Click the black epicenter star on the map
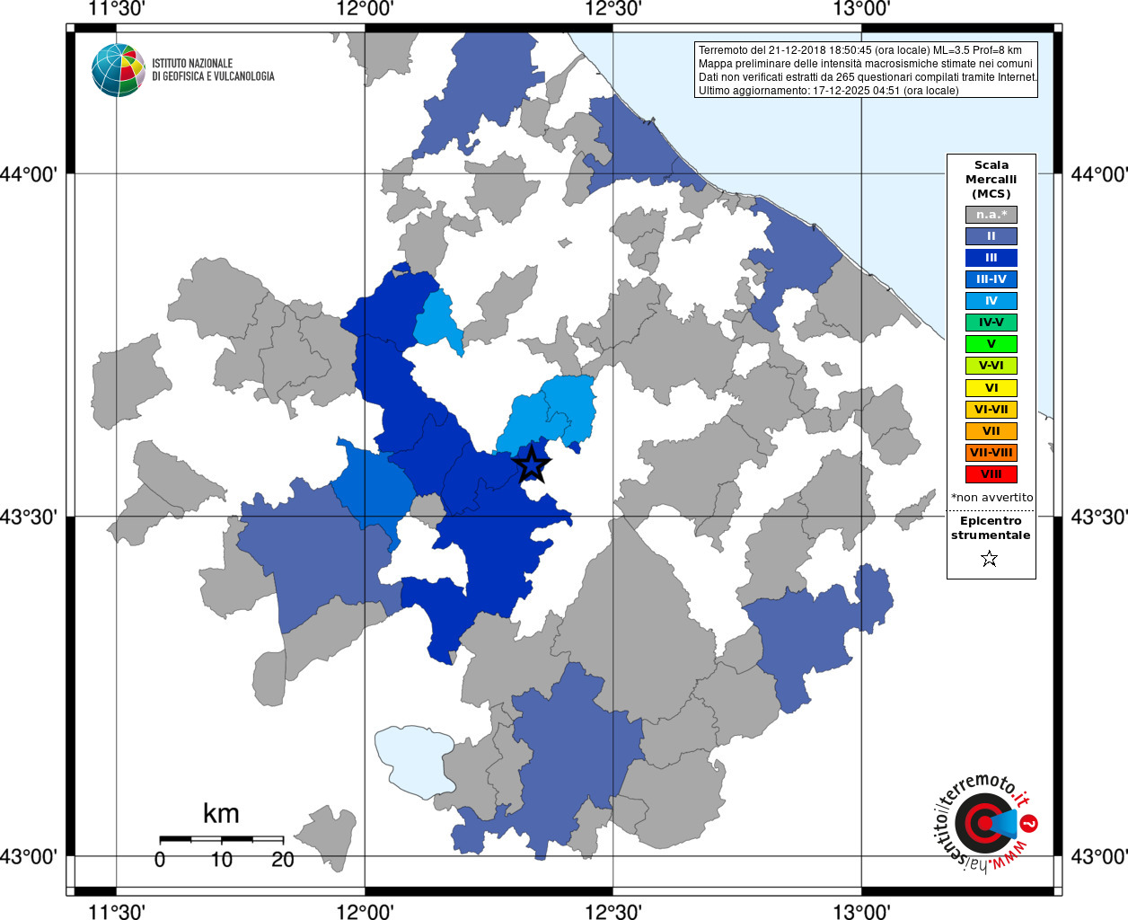point(531,464)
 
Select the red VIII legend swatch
point(991,474)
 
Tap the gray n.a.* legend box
point(991,215)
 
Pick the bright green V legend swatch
point(991,344)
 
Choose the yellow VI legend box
point(991,388)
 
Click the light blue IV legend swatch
point(991,301)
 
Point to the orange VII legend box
point(991,431)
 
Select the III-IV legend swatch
point(991,279)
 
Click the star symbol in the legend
point(990,559)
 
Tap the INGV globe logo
point(118,70)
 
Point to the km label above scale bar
point(221,814)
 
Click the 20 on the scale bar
point(283,860)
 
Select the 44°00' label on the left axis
point(33,174)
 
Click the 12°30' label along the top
point(613,10)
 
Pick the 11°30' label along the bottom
point(117,911)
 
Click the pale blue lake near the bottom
point(413,760)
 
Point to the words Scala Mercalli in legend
point(991,172)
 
